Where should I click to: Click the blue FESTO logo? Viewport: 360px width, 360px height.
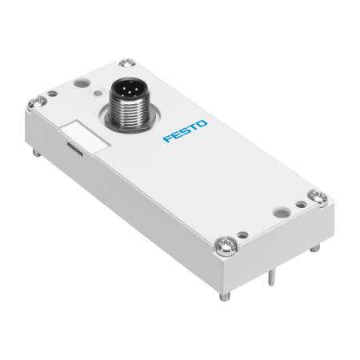click(185, 131)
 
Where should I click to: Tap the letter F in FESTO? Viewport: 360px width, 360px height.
click(167, 138)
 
